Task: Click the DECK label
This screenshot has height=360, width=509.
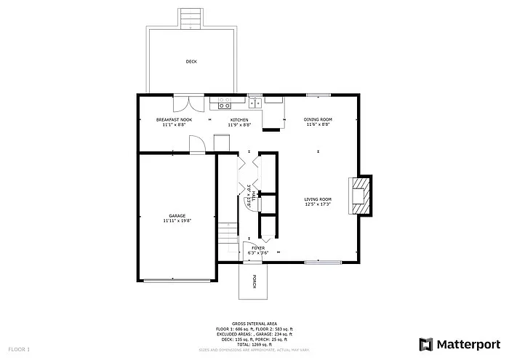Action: pyautogui.click(x=191, y=62)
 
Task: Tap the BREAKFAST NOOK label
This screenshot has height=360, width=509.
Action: pyautogui.click(x=174, y=119)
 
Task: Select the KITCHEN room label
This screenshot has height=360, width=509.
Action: pyautogui.click(x=239, y=119)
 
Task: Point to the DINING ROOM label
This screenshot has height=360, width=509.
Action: pyautogui.click(x=318, y=119)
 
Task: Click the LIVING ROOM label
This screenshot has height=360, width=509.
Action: pyautogui.click(x=318, y=199)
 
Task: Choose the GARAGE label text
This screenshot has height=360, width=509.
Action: pyautogui.click(x=177, y=216)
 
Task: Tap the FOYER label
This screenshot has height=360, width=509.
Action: pyautogui.click(x=258, y=248)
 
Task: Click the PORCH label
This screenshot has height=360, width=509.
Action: pyautogui.click(x=254, y=282)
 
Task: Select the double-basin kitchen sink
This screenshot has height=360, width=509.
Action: pyautogui.click(x=254, y=103)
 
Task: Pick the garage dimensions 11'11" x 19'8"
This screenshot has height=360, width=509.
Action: pyautogui.click(x=177, y=221)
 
